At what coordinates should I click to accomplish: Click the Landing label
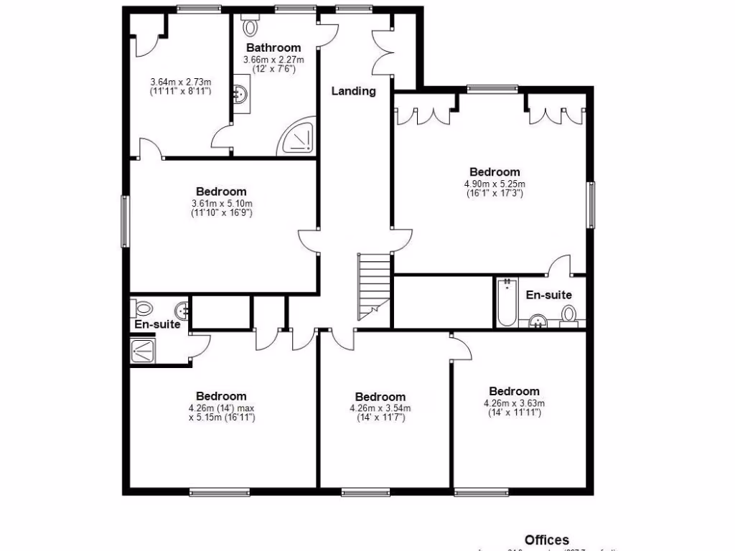353,91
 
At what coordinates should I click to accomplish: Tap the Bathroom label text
273,48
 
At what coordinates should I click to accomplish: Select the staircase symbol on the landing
374,286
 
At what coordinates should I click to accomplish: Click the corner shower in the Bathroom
298,138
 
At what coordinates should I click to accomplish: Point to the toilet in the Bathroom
251,27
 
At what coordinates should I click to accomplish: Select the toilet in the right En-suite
568,314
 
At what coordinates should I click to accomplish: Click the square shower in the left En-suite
143,351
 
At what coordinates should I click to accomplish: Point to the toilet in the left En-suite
142,309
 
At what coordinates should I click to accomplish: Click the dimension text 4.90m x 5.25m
495,188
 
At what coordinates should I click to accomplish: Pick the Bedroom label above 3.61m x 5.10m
221,192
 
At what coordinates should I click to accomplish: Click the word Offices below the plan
547,540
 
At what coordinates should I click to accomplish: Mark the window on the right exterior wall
591,204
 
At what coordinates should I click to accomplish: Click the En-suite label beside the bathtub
549,295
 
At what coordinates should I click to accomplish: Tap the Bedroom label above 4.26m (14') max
221,396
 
